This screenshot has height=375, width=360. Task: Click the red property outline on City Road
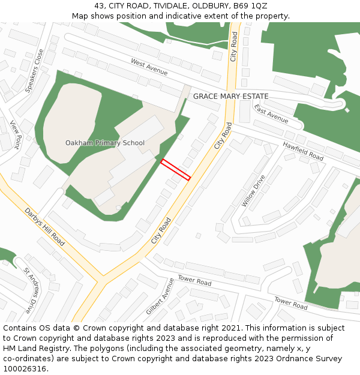tap(175, 170)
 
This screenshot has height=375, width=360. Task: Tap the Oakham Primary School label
tap(105, 143)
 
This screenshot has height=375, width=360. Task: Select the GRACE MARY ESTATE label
tap(230, 96)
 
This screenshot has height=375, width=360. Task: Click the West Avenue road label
tap(149, 67)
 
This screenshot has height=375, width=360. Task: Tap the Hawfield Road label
tap(303, 151)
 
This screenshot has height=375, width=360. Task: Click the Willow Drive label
tap(253, 191)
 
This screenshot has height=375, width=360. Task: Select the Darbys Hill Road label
tap(44, 227)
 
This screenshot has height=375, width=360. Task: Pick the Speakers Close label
tap(35, 71)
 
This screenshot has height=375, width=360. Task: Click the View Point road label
tap(16, 134)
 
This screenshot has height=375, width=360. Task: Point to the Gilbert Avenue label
tap(160, 296)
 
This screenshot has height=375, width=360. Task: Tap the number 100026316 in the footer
tap(25, 368)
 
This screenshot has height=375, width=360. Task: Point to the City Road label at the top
tap(234, 46)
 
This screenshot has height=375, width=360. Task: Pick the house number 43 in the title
tap(99, 6)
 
